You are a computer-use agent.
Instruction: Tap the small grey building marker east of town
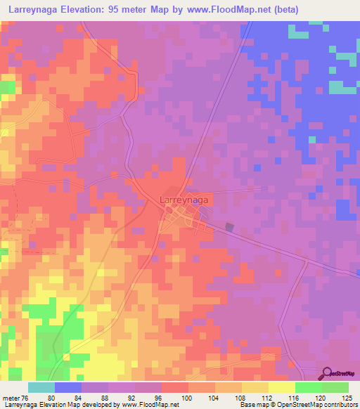point(229,226)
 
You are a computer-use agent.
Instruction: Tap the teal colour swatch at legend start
point(41,387)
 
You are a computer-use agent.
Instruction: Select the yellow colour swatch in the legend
point(282,387)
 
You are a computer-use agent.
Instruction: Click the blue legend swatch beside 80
point(68,387)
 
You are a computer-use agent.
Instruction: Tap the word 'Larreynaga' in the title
point(36,10)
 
